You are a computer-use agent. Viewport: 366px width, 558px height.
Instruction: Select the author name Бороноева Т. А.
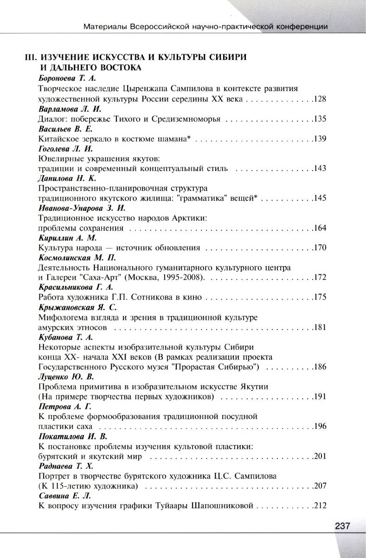65,79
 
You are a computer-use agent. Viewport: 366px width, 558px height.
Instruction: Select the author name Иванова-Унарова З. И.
78,208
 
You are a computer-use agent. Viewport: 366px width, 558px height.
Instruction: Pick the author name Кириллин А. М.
63,238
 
